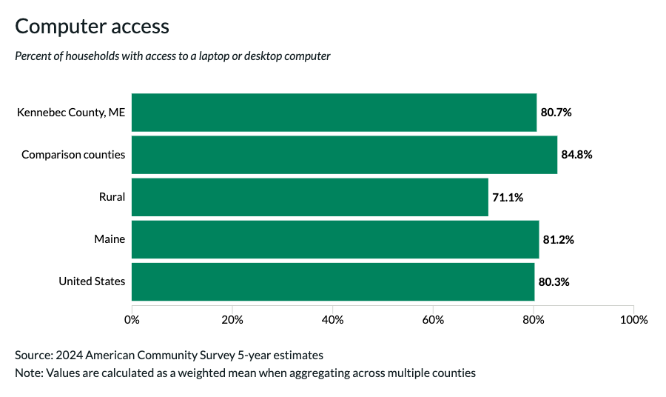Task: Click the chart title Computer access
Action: click(92, 27)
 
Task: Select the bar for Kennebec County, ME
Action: click(334, 113)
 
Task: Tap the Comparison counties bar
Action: click(344, 155)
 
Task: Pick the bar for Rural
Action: click(309, 197)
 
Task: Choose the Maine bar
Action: click(335, 239)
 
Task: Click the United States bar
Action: click(333, 281)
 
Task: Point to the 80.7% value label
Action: click(556, 113)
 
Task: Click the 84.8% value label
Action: click(577, 155)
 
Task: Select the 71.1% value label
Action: click(508, 197)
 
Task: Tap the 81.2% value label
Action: click(559, 239)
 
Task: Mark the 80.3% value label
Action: click(554, 281)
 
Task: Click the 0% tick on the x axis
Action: click(132, 320)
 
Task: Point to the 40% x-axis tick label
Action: click(332, 320)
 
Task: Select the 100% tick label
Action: click(633, 320)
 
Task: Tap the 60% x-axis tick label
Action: click(433, 320)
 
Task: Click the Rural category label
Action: click(112, 197)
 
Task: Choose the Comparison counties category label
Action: click(73, 155)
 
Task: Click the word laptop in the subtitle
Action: click(199, 56)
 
